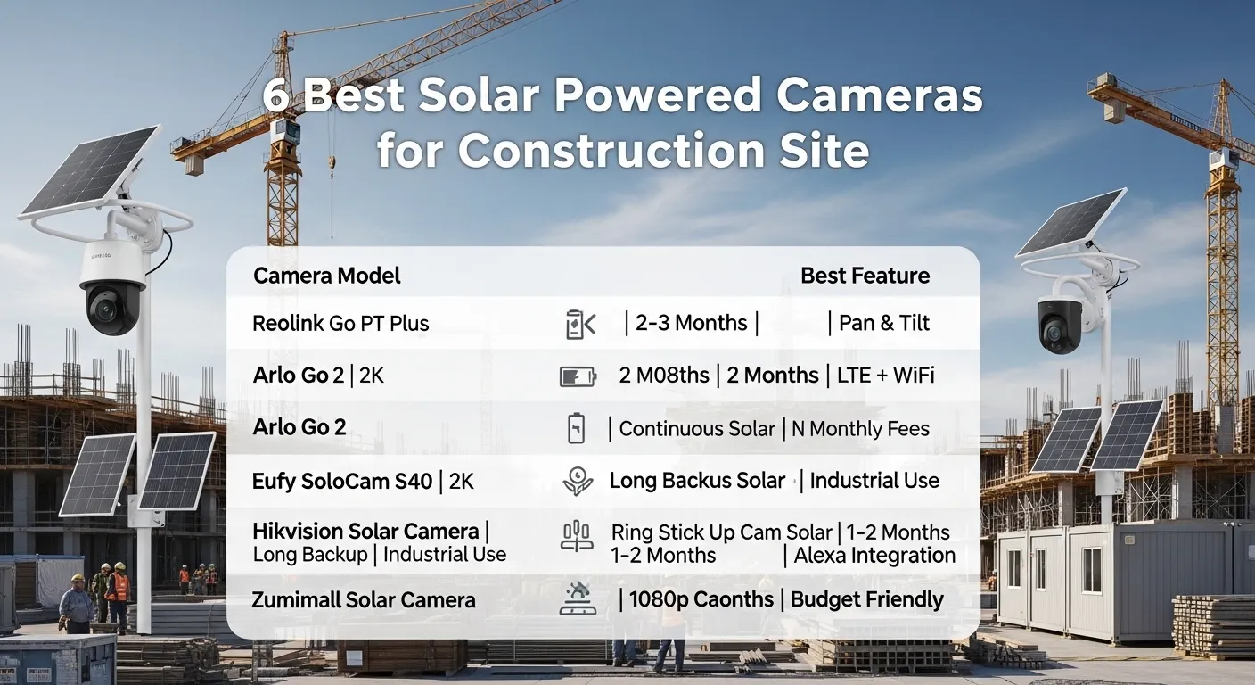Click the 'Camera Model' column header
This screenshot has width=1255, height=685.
point(326,276)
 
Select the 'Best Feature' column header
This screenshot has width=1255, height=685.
point(865,276)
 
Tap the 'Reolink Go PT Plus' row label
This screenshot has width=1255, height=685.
point(340,323)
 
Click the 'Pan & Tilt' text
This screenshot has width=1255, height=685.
point(884,323)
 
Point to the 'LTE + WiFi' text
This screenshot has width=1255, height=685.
point(885,376)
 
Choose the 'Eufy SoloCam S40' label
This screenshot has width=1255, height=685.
point(344,482)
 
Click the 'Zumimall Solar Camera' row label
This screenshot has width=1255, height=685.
point(364,599)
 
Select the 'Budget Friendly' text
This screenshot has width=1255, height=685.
point(866,599)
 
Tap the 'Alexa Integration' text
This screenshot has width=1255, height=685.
point(874,556)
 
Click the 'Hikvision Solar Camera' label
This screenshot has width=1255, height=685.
point(365,532)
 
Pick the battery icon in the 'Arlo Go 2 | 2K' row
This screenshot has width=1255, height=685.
point(578,376)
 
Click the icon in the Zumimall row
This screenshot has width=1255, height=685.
point(578,598)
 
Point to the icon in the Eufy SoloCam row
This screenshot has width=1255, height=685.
point(578,482)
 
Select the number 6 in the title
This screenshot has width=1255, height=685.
point(275,96)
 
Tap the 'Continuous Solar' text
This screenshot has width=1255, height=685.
point(697,429)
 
